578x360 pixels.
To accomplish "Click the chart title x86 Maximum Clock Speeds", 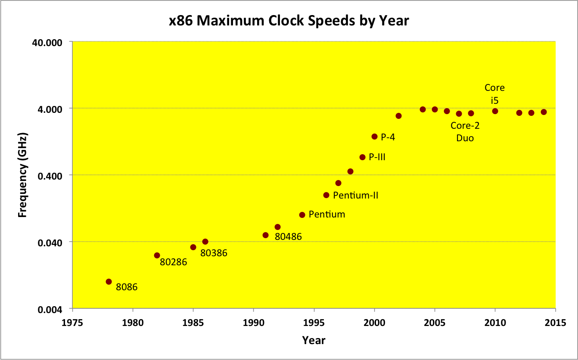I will tap(289, 20).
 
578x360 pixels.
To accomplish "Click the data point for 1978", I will tap(109, 282).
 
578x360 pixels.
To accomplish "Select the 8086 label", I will tap(127, 287).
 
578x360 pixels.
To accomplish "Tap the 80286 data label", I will tap(173, 261).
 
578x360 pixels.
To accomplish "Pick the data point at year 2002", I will tap(398, 116).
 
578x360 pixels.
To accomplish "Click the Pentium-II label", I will tap(356, 196).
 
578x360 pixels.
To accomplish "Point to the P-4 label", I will tap(388, 137).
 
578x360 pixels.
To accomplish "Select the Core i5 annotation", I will tap(494, 94).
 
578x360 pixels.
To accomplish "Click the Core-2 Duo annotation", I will tap(465, 132).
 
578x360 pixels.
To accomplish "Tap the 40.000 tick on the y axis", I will tap(51, 42).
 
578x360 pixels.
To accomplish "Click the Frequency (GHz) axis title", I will tap(22, 175).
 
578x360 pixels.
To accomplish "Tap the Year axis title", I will tap(314, 340).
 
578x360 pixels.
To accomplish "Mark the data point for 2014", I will tap(544, 112).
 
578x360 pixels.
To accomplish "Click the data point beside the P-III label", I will tap(362, 157).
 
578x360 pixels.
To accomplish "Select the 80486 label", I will tap(288, 236).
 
